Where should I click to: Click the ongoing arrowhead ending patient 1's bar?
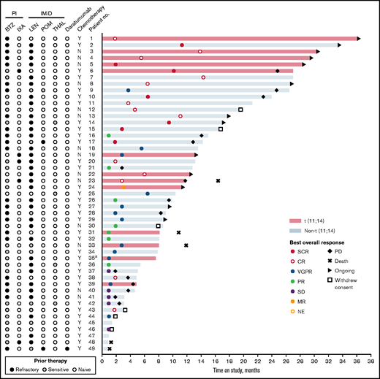click(359, 39)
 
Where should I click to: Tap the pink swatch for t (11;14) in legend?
click(295, 219)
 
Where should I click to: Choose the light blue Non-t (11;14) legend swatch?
click(295, 229)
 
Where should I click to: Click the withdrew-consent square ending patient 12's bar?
click(240, 110)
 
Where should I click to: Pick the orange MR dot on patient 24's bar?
click(123, 187)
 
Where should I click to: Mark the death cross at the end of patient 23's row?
click(218, 180)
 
